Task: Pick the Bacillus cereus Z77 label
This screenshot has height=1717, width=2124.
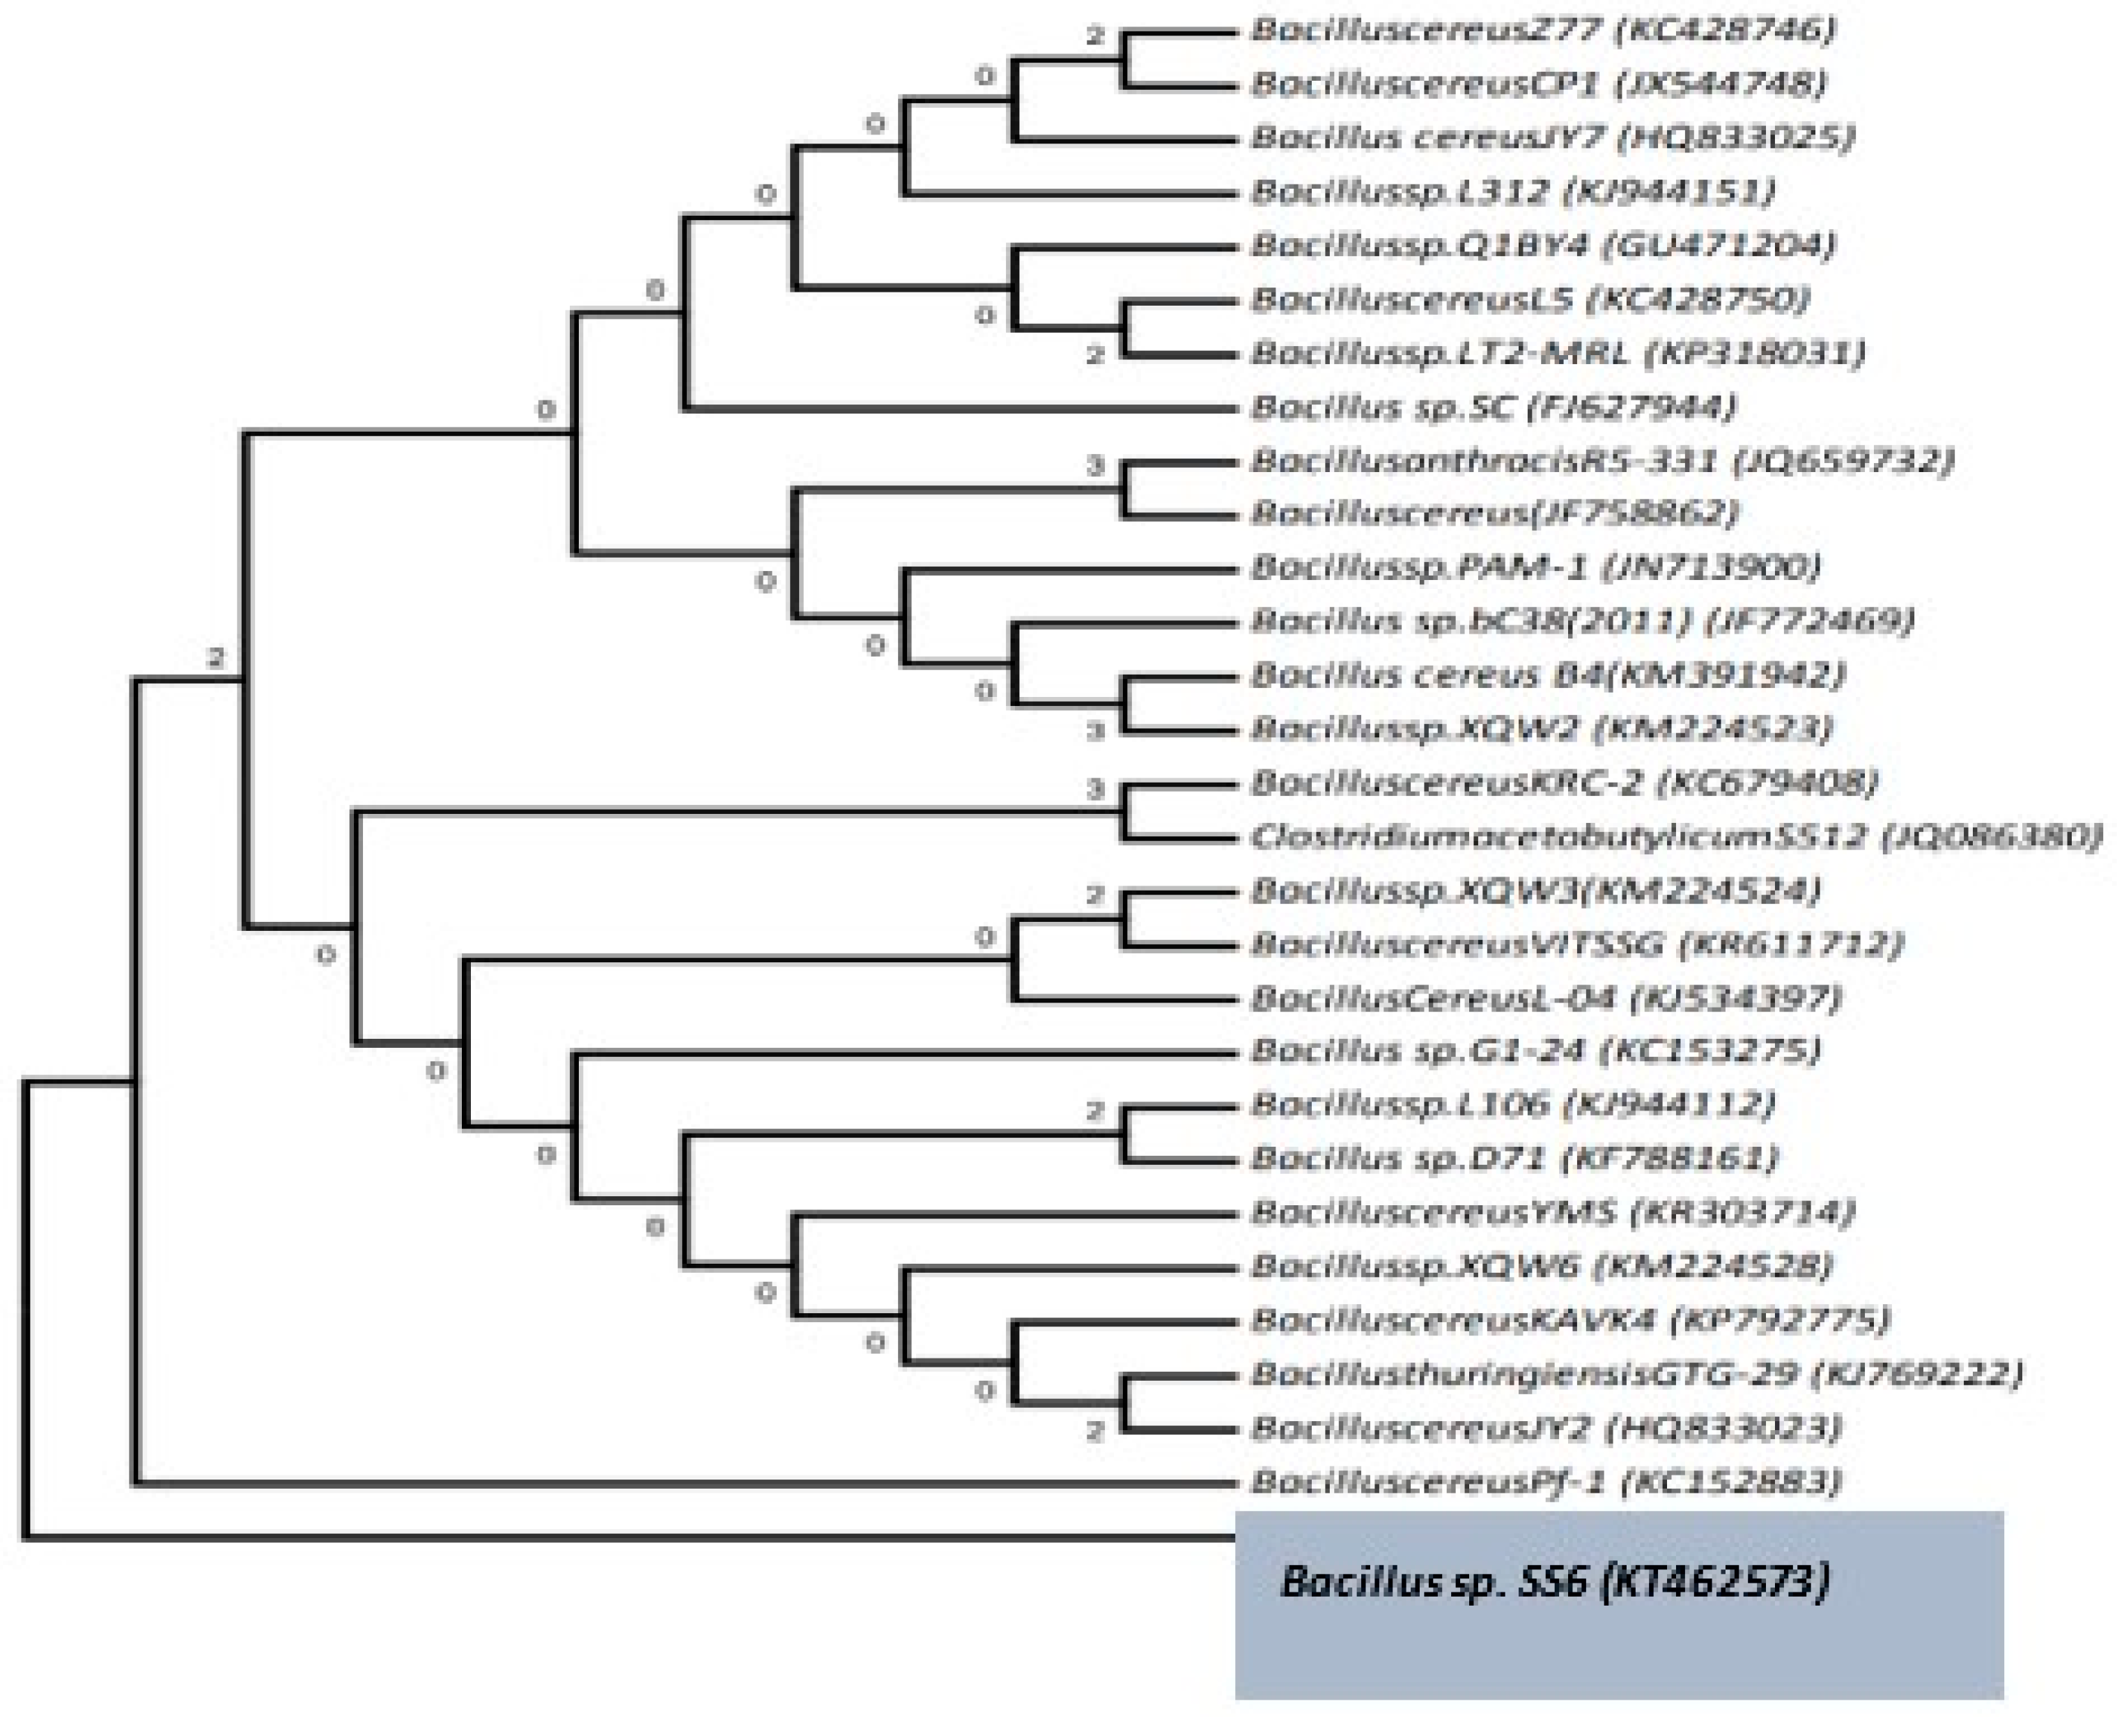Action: pyautogui.click(x=1542, y=30)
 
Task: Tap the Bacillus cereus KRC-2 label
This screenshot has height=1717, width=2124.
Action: pyautogui.click(x=1563, y=783)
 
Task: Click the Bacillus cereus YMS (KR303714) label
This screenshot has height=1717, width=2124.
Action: pyautogui.click(x=1552, y=1211)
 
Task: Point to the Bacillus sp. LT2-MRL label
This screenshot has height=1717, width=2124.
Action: pyautogui.click(x=1557, y=352)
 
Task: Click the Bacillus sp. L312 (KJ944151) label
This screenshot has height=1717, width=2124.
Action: pyautogui.click(x=1512, y=191)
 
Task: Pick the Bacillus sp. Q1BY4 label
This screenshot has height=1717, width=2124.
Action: pyautogui.click(x=1542, y=244)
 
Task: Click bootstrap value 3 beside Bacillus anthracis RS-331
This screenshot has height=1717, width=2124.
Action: pyautogui.click(x=1094, y=466)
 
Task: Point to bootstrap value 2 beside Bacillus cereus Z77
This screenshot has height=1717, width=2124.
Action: pyautogui.click(x=1094, y=37)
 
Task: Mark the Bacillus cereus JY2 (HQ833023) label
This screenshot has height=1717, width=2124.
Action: pyautogui.click(x=1545, y=1427)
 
